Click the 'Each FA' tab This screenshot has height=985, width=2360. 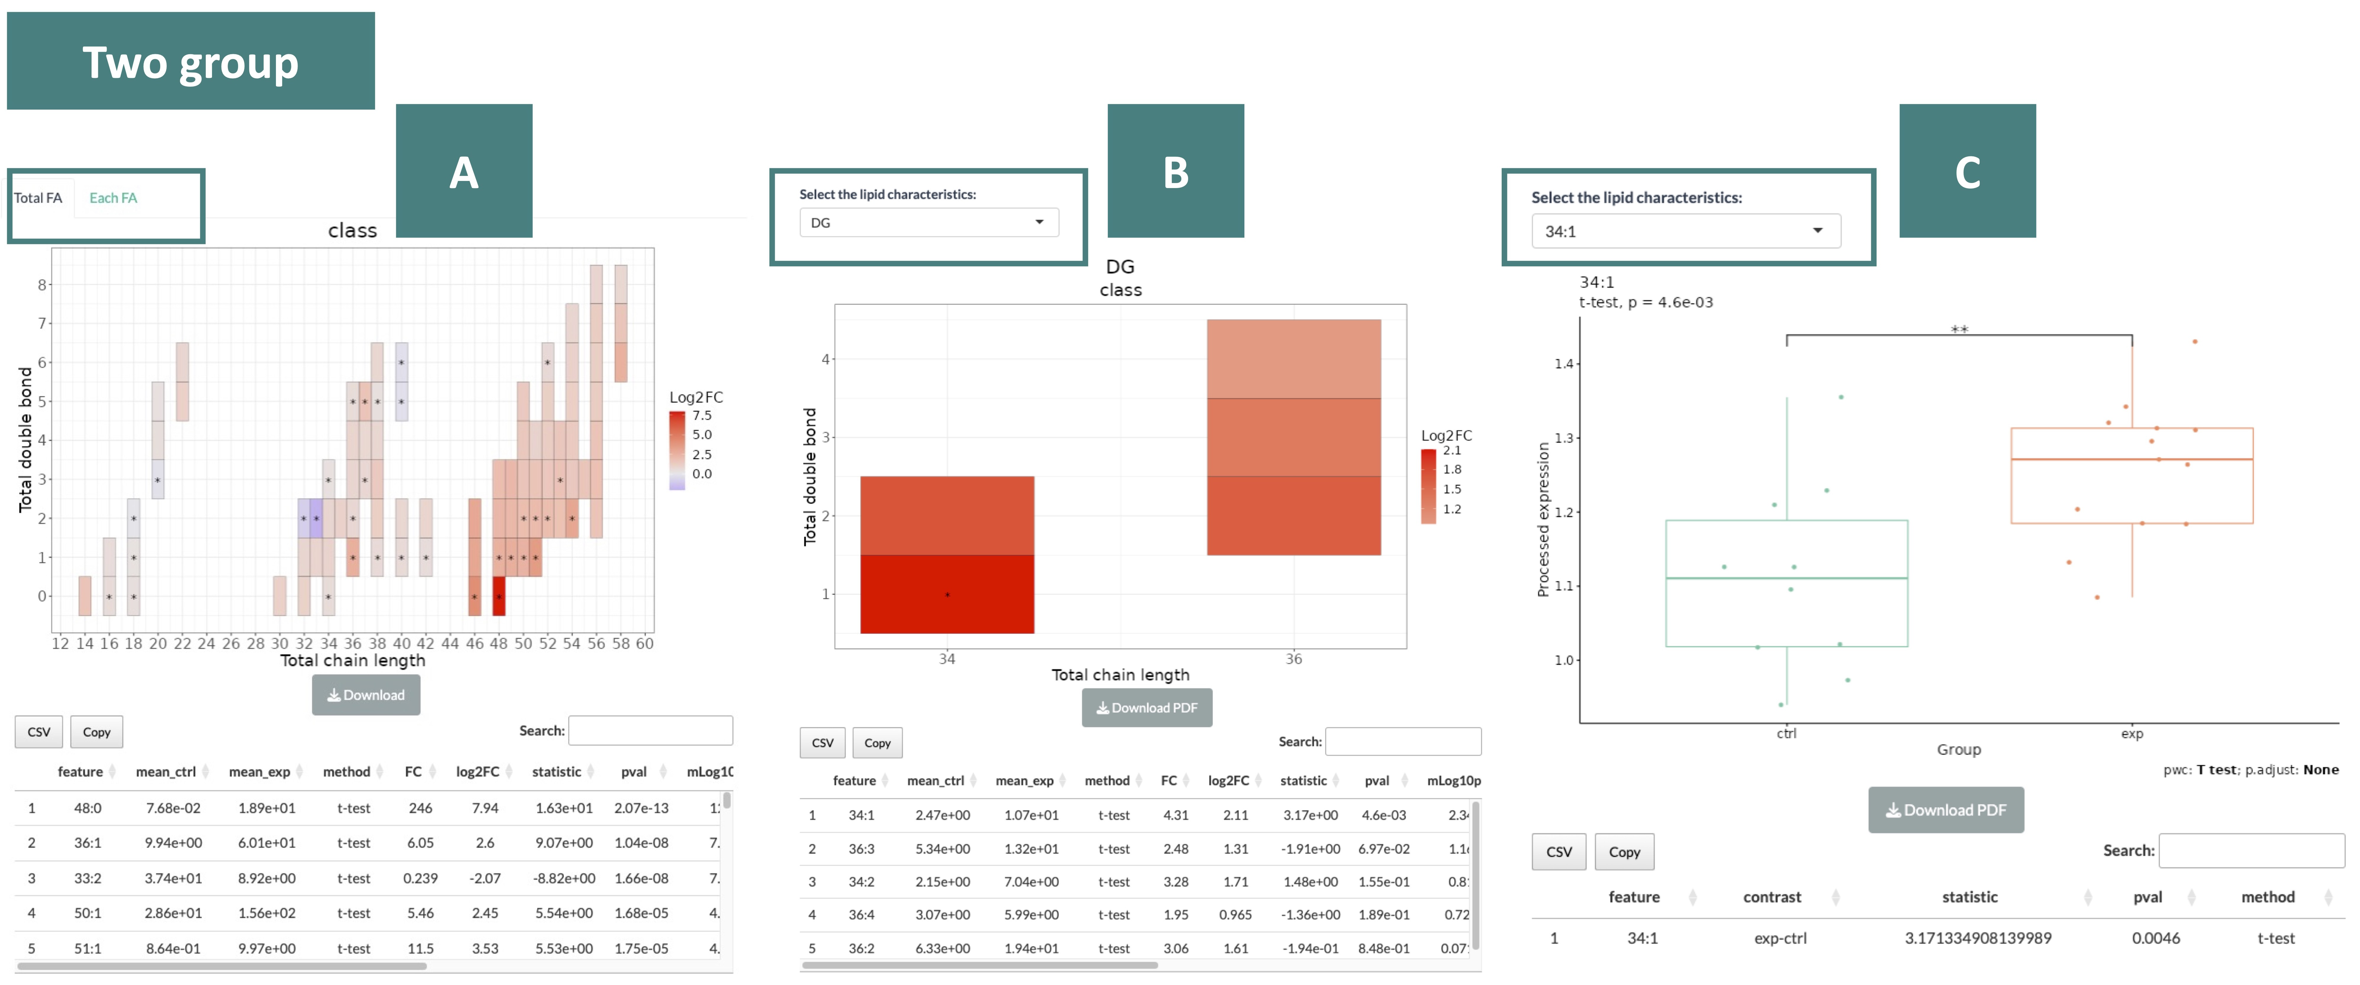tap(113, 198)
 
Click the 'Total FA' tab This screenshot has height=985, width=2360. tap(38, 198)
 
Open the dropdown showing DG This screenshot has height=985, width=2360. tap(928, 223)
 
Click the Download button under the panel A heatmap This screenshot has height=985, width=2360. tap(366, 694)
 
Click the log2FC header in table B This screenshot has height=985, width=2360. tap(1228, 781)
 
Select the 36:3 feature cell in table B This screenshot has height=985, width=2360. tap(861, 848)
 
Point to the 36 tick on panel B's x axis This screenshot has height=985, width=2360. tap(1293, 659)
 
